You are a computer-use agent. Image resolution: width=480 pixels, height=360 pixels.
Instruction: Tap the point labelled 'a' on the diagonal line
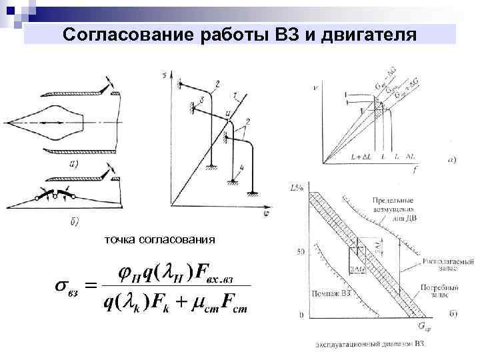click(228, 114)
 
